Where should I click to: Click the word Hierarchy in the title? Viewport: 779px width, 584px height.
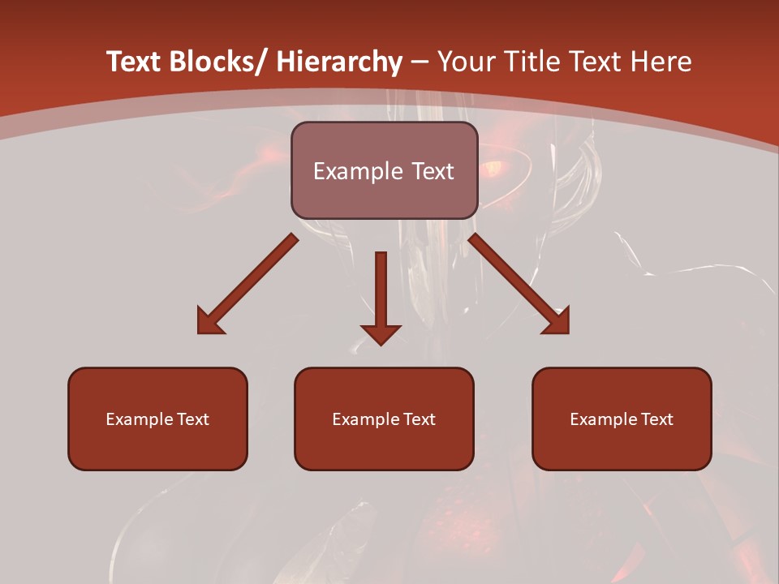(339, 62)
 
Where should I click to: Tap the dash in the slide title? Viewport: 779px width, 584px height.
(420, 63)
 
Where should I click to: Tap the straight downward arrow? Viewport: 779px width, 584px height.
(381, 296)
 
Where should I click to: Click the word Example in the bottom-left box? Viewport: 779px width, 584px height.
(137, 419)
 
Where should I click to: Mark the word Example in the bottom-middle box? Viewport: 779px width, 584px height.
(364, 419)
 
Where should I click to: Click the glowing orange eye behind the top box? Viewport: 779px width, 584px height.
(493, 169)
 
